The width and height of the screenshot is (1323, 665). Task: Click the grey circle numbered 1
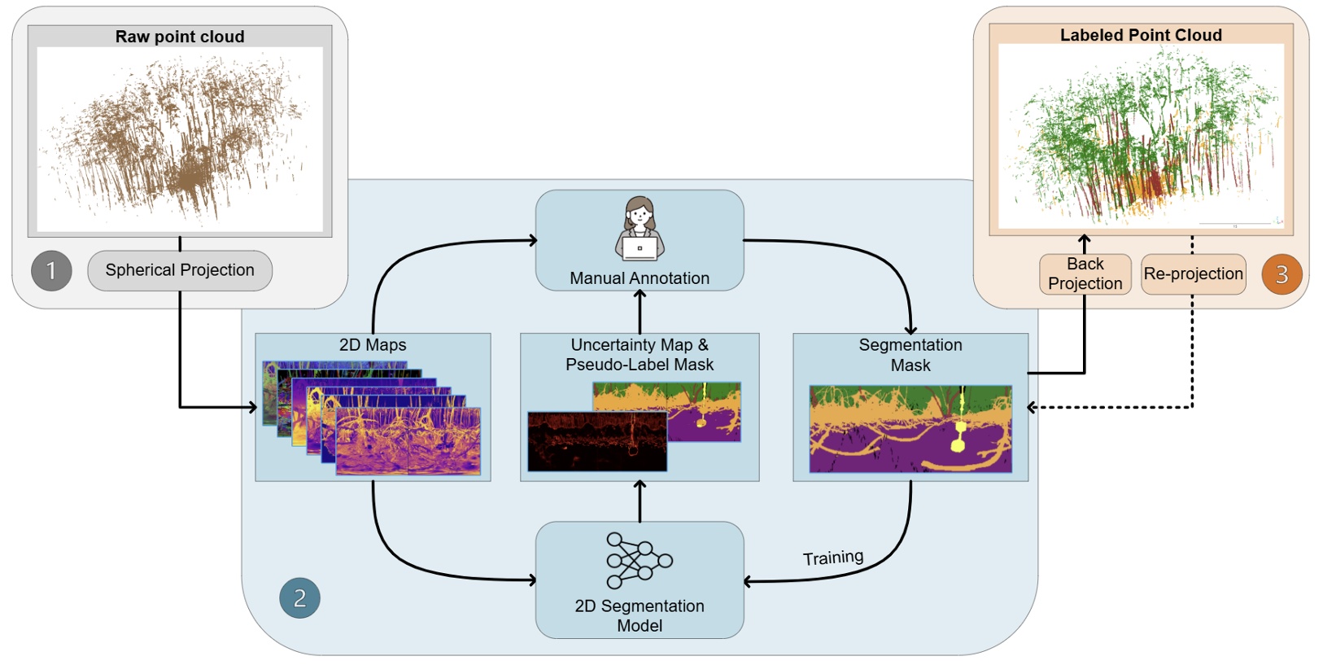(51, 271)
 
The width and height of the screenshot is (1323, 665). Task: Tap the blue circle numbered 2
(299, 598)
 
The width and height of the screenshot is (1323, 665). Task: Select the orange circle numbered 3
(1282, 274)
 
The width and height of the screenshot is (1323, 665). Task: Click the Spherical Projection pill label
(180, 270)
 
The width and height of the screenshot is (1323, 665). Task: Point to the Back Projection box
(1085, 273)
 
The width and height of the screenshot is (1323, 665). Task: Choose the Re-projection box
(1193, 273)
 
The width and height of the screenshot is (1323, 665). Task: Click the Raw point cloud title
(180, 37)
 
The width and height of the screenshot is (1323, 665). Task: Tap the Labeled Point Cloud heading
(1141, 35)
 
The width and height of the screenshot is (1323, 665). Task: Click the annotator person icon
(640, 229)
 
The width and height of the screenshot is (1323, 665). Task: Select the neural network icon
(639, 561)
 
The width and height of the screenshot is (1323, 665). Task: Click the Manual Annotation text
(640, 278)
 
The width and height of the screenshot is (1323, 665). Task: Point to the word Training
(832, 558)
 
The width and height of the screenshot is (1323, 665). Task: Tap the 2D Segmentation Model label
(640, 615)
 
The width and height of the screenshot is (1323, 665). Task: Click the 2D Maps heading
(373, 345)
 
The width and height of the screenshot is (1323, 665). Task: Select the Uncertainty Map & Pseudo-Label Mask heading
(640, 355)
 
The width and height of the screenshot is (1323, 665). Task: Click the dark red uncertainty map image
(596, 442)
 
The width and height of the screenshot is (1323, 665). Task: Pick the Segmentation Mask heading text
(910, 355)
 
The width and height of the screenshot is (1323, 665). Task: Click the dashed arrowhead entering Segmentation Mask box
(1033, 407)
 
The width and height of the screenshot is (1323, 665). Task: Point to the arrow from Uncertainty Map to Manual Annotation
(640, 311)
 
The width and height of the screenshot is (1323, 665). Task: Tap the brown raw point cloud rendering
(180, 138)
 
